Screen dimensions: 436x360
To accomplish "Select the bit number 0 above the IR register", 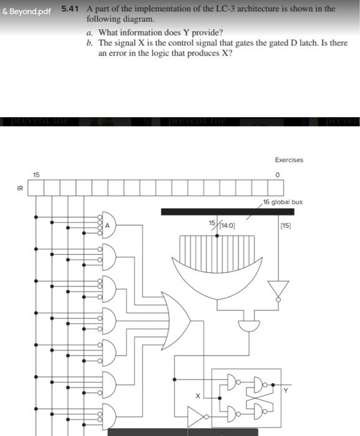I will [x=278, y=175].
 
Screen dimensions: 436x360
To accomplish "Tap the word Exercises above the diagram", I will [x=288, y=160].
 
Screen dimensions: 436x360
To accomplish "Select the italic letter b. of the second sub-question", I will [x=91, y=43].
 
